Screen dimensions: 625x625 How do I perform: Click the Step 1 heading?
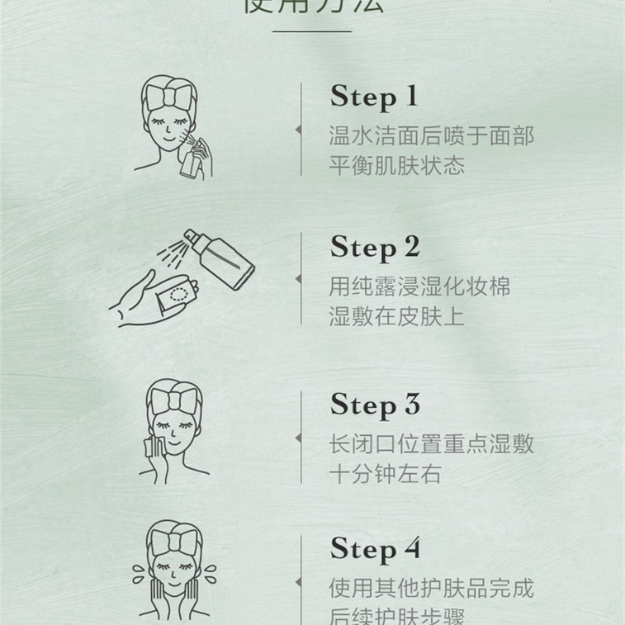point(374,97)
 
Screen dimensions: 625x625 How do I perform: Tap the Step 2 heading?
point(375,247)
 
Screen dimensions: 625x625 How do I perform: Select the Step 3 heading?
point(375,405)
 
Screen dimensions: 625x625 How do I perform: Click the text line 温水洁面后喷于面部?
point(431,135)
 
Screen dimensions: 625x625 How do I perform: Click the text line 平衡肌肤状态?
point(397,165)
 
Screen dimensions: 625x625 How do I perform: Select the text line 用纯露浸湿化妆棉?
point(419,286)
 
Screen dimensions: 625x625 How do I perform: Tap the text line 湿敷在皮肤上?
point(397,316)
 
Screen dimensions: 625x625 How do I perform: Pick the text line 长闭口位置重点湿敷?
point(431,443)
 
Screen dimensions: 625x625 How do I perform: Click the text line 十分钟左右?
point(386,474)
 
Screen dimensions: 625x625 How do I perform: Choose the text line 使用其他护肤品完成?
point(431,588)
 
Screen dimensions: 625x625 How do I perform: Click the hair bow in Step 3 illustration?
point(174,398)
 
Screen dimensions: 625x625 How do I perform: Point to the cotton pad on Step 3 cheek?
point(151,447)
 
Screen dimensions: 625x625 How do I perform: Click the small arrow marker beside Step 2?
point(298,281)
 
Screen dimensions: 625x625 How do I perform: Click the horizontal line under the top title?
point(311,31)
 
